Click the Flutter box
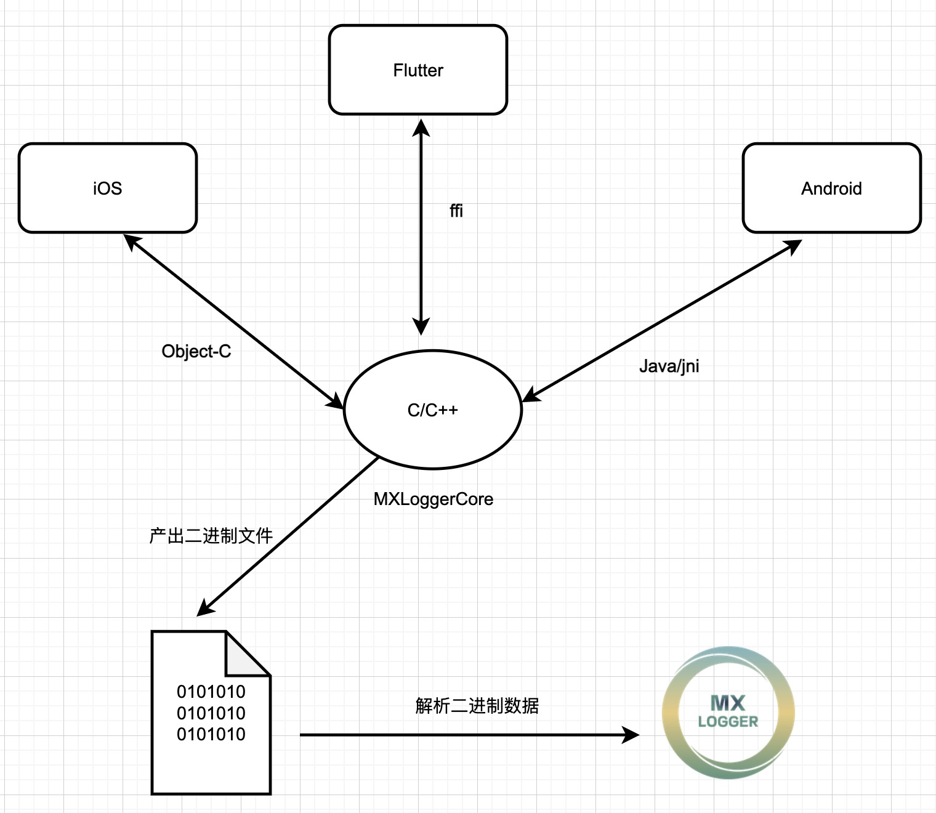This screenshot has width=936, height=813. pyautogui.click(x=418, y=70)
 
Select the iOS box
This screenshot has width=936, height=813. pyautogui.click(x=108, y=188)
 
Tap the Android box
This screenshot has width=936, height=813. pyautogui.click(x=831, y=188)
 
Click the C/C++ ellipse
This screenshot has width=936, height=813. pyautogui.click(x=432, y=410)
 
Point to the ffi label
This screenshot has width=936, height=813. pyautogui.click(x=456, y=211)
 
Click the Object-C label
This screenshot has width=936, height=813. pyautogui.click(x=196, y=351)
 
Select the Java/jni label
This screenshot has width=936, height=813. pyautogui.click(x=669, y=366)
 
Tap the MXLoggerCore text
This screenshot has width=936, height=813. pyautogui.click(x=433, y=499)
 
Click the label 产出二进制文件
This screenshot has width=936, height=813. pyautogui.click(x=211, y=536)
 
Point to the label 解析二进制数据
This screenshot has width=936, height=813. pyautogui.click(x=477, y=705)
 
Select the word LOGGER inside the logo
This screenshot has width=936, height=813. pyautogui.click(x=728, y=722)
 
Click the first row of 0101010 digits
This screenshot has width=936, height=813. pyautogui.click(x=211, y=692)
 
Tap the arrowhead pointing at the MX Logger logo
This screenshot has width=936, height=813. pyautogui.click(x=632, y=734)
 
